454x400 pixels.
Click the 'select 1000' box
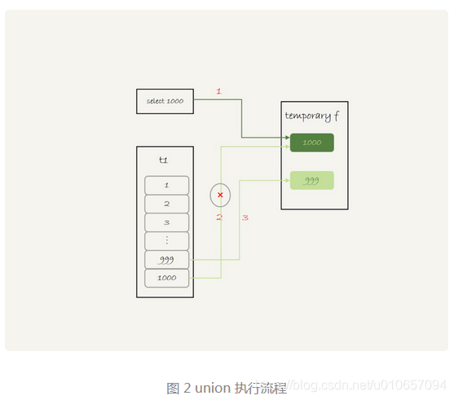(165, 101)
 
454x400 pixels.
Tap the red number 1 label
(218, 91)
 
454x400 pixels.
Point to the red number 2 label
(218, 218)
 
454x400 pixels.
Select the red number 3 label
(245, 218)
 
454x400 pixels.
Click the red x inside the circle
(220, 195)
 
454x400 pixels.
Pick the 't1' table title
(164, 160)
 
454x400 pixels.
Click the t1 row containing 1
(166, 185)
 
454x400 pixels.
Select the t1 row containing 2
(166, 204)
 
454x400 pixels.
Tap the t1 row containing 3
(166, 222)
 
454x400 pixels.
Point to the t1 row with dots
(166, 241)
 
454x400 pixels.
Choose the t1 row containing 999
(166, 260)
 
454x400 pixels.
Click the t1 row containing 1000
(166, 279)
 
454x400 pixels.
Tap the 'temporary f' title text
(313, 116)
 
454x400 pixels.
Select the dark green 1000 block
(311, 143)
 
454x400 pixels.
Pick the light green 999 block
(311, 180)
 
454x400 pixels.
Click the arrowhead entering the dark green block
(287, 138)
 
